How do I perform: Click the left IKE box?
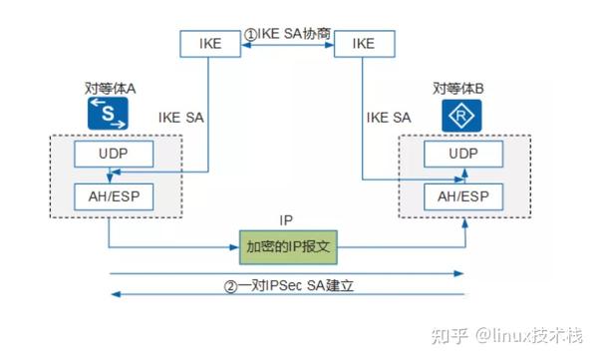pos(210,44)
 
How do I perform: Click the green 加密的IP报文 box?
pos(287,244)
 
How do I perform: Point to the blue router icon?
pos(461,115)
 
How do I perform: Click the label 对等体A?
pos(111,89)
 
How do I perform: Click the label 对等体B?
pos(461,89)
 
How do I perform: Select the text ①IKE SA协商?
pos(285,34)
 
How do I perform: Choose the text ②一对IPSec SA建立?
pos(290,284)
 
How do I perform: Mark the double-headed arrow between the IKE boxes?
pos(285,45)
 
